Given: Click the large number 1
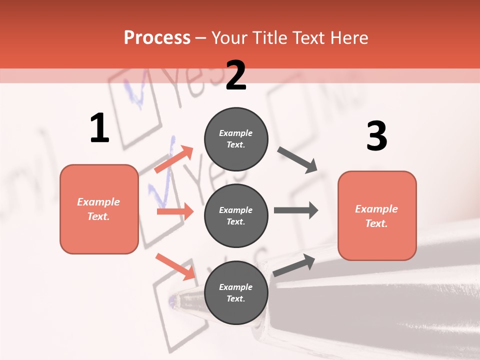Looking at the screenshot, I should [x=99, y=128].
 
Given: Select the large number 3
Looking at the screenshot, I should [x=376, y=136].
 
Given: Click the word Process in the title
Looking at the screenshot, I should [x=157, y=37].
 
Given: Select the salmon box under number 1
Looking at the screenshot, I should [x=99, y=209].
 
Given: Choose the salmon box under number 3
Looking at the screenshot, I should [x=377, y=215].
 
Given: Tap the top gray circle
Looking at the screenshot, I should [x=236, y=139].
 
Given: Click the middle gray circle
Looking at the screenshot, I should [x=236, y=215].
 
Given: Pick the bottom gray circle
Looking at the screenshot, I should [x=236, y=292].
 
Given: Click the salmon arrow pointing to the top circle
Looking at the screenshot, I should [x=174, y=159].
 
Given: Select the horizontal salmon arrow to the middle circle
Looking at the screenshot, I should [x=175, y=211].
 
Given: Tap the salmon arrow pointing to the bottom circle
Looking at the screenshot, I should [x=175, y=266].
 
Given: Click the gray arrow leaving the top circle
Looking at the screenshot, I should [x=297, y=160].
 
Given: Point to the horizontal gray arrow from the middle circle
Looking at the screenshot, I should [x=295, y=210].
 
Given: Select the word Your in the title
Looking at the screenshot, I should [x=229, y=37].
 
